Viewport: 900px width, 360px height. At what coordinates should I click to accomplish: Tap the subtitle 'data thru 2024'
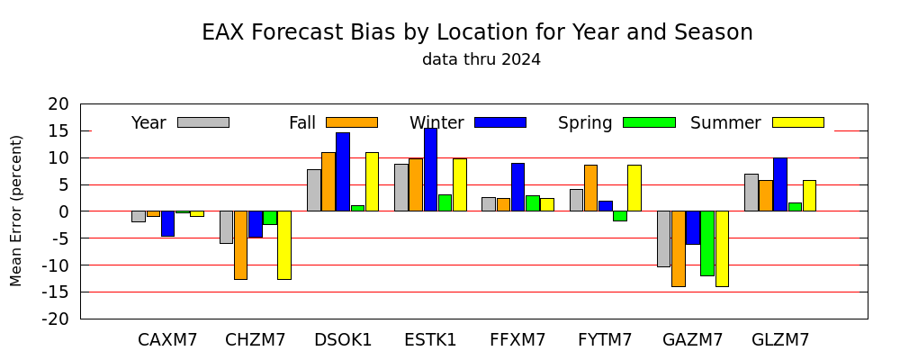click(x=481, y=59)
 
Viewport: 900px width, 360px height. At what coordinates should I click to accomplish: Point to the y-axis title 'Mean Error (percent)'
click(x=16, y=211)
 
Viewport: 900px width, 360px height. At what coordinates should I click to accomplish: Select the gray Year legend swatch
click(x=203, y=122)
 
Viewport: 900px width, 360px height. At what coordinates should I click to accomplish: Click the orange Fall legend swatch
click(x=352, y=122)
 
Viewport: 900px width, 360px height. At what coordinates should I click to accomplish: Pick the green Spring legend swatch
click(x=649, y=122)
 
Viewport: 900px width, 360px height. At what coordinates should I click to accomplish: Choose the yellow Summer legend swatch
click(x=797, y=122)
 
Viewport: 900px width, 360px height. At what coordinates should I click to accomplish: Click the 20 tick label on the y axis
click(x=58, y=103)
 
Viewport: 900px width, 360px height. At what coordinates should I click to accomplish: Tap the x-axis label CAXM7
click(x=167, y=340)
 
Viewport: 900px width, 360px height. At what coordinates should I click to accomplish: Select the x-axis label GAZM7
click(x=692, y=340)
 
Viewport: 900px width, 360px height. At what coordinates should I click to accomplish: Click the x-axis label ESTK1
click(x=430, y=340)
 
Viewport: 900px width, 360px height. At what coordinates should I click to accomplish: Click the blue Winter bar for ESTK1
click(x=430, y=170)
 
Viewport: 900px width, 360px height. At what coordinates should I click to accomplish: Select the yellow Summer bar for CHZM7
click(x=284, y=245)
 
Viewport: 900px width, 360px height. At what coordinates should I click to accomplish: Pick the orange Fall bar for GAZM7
click(x=679, y=248)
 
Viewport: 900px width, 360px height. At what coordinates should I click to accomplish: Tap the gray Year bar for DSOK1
click(x=314, y=191)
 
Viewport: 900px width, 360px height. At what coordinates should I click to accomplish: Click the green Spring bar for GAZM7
click(x=707, y=243)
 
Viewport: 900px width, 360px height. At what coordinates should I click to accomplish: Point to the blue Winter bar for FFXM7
click(x=517, y=187)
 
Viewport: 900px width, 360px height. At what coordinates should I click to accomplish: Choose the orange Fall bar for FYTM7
click(x=590, y=188)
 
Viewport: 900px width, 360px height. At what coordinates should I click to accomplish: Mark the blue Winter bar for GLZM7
click(x=780, y=184)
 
